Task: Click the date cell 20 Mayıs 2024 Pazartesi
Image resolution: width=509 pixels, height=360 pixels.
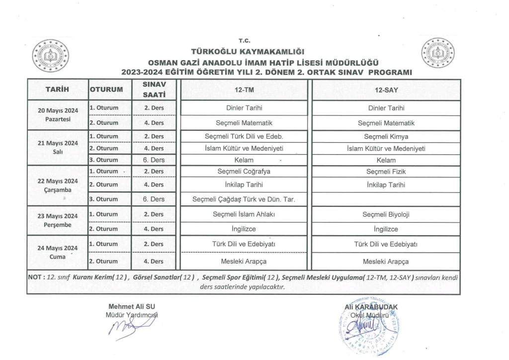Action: (57, 115)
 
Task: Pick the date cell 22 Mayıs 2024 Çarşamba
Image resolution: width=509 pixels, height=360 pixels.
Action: (57, 184)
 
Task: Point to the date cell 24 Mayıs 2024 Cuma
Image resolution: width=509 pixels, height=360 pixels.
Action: (57, 252)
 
